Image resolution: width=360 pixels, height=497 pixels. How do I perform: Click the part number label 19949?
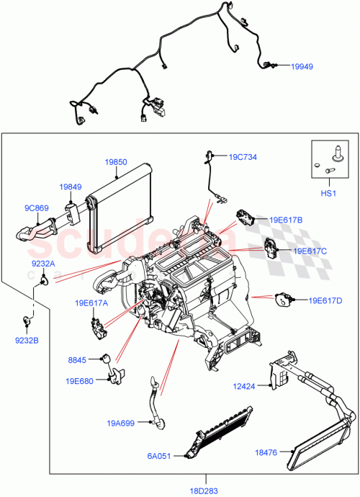(302, 66)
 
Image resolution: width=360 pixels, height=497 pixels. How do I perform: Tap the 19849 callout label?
(71, 187)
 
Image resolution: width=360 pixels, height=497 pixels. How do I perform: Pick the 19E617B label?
(286, 219)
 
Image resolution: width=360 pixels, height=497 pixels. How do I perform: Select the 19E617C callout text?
(310, 251)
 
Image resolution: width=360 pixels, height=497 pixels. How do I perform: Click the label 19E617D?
(325, 300)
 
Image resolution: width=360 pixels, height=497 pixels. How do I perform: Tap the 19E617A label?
(90, 303)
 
